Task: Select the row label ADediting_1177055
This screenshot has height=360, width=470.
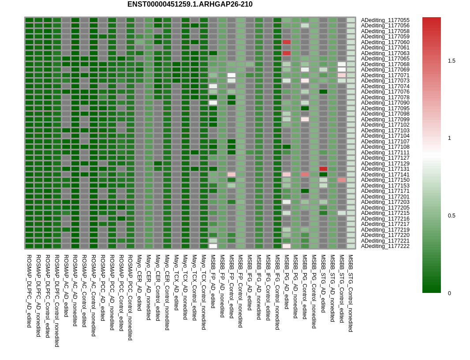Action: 385,20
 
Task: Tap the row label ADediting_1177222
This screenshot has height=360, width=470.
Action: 385,246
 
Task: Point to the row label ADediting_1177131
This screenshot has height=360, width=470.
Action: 385,169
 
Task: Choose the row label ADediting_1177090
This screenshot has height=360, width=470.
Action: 385,103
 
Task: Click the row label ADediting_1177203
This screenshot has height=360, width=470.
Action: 385,202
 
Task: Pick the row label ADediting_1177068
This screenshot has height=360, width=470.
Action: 385,64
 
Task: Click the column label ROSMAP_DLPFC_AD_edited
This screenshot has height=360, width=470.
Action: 29,291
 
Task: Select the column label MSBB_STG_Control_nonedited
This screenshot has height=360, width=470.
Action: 351,293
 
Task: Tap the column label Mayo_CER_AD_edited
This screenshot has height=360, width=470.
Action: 139,282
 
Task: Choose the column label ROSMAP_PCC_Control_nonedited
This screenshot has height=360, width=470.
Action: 130,297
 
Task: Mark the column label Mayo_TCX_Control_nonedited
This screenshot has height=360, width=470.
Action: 204,292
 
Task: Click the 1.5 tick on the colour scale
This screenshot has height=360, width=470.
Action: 451,61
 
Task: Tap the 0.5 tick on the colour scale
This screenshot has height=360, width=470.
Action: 451,216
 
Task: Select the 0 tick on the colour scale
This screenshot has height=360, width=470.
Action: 449,293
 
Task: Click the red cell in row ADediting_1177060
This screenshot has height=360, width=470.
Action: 287,42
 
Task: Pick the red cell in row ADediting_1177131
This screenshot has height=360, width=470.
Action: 323,169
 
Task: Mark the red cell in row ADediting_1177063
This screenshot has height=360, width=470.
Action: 287,53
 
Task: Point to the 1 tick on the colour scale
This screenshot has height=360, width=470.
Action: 449,138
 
